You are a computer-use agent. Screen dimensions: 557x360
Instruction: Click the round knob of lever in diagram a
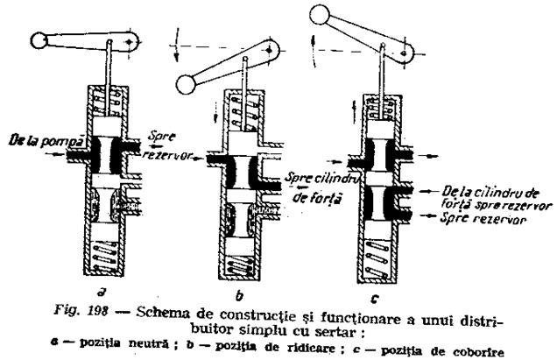[39, 40]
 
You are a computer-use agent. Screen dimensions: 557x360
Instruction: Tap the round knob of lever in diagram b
[187, 85]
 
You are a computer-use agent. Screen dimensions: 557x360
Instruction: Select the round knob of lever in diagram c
[320, 14]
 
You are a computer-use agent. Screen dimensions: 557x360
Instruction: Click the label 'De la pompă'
[46, 141]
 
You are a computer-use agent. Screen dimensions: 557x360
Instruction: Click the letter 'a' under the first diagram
[102, 292]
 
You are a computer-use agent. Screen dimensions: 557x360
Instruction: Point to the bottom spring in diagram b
[240, 265]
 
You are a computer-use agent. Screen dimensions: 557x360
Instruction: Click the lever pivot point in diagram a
[130, 42]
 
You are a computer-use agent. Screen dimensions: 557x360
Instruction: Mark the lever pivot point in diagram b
[269, 50]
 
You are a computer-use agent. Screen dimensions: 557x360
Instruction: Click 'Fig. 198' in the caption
[81, 311]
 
